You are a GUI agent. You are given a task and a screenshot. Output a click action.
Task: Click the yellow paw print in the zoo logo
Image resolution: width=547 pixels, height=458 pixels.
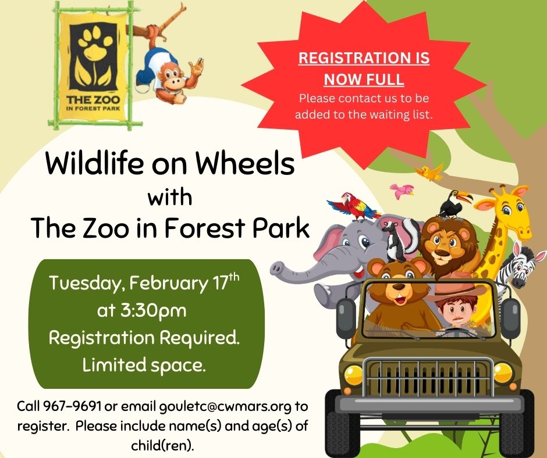click(95, 42)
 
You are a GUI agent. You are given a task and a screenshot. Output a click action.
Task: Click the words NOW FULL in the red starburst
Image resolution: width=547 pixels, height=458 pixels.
click(364, 79)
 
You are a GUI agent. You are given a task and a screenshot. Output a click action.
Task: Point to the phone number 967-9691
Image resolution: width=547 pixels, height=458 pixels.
click(72, 406)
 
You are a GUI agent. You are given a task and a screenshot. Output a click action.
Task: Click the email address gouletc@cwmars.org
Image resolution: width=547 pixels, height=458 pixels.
click(225, 407)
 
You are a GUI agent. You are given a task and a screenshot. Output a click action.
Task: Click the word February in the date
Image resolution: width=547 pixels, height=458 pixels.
click(169, 284)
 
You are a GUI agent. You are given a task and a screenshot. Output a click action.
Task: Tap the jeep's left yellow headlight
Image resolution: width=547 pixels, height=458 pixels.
click(353, 375)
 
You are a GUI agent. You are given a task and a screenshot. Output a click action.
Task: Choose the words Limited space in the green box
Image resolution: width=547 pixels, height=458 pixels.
click(143, 366)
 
